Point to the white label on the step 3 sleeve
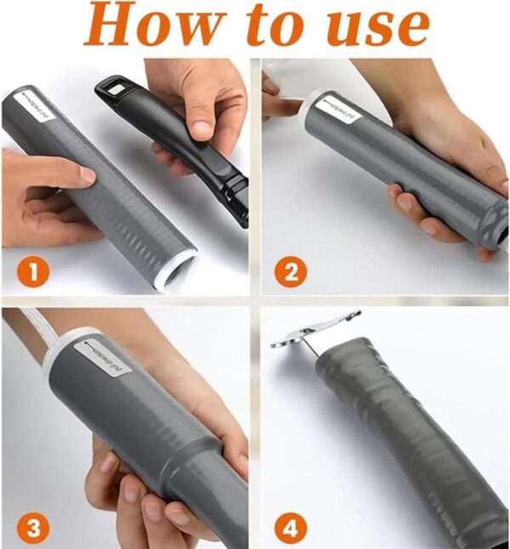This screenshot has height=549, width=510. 102,357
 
